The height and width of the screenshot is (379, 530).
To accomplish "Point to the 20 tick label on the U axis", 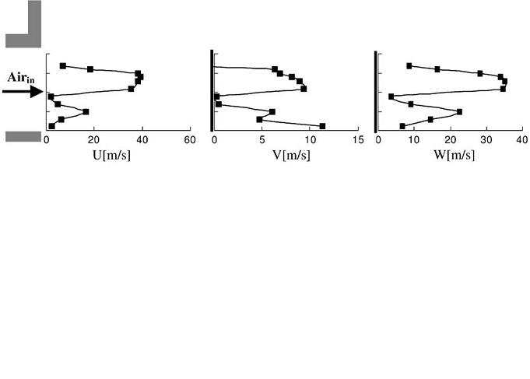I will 94,140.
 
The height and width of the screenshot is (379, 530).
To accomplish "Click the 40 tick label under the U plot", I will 142,140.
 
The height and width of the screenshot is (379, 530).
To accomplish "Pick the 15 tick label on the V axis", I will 358,140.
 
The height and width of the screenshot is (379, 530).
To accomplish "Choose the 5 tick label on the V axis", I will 262,140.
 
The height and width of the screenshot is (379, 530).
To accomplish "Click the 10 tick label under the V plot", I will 310,140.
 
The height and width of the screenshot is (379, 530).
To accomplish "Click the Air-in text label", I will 21,77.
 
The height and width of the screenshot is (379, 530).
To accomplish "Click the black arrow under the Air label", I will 21,92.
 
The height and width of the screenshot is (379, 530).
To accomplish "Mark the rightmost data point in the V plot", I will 322,126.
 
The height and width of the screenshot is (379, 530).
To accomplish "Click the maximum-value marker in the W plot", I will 504,81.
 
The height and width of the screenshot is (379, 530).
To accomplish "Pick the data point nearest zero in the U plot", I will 51,97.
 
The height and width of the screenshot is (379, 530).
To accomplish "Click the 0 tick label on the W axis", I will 378,140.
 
